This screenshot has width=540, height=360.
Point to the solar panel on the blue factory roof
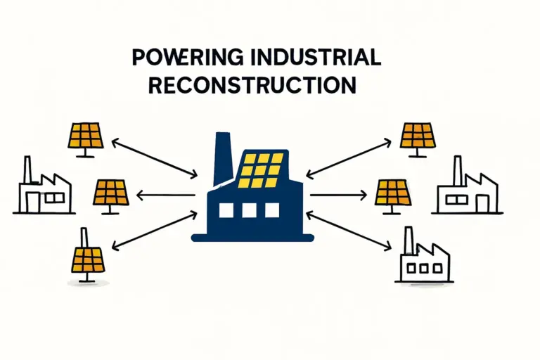(262, 169)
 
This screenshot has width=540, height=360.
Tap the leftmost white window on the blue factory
(226, 210)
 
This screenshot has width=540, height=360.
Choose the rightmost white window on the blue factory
(271, 210)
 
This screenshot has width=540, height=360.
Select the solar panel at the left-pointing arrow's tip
(111, 192)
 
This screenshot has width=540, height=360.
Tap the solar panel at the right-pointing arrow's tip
(393, 192)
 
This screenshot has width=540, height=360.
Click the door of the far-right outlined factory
(482, 203)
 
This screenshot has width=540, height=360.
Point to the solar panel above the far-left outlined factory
(86, 136)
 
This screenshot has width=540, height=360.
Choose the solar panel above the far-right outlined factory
(418, 136)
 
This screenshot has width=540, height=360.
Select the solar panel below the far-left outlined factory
(88, 258)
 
